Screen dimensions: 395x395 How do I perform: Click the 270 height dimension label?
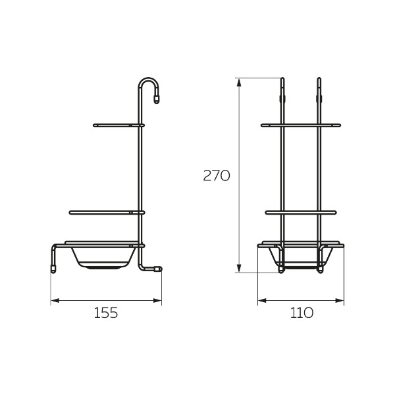click(217, 176)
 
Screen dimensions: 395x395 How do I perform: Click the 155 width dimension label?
click(106, 313)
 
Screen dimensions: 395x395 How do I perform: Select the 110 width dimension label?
click(302, 313)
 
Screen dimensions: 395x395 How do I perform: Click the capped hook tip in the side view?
click(157, 100)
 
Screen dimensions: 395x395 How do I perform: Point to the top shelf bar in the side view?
click(118, 125)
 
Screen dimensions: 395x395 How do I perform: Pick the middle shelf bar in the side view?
click(107, 213)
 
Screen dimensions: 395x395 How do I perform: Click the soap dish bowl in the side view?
click(103, 258)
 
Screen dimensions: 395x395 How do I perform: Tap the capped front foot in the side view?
click(53, 269)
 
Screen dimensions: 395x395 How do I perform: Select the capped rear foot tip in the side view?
click(158, 269)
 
